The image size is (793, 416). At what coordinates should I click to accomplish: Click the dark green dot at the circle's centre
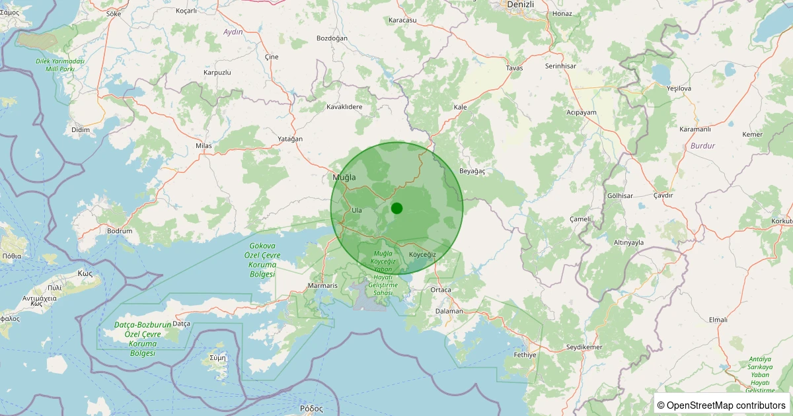pyautogui.click(x=397, y=208)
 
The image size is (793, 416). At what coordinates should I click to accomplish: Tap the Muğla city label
pyautogui.click(x=344, y=178)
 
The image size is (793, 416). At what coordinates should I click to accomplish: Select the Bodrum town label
pyautogui.click(x=120, y=231)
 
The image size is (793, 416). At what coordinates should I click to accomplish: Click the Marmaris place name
pyautogui.click(x=322, y=286)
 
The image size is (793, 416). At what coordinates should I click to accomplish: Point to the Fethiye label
pyautogui.click(x=525, y=355)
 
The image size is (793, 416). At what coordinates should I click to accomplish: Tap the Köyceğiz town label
pyautogui.click(x=422, y=255)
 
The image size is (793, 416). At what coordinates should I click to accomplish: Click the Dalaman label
pyautogui.click(x=449, y=310)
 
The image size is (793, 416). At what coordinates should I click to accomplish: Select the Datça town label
pyautogui.click(x=181, y=324)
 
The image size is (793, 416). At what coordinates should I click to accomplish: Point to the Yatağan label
pyautogui.click(x=291, y=139)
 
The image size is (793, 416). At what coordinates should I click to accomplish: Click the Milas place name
pyautogui.click(x=203, y=145)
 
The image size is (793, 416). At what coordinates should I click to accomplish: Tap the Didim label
pyautogui.click(x=81, y=129)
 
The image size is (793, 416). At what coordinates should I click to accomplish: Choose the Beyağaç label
pyautogui.click(x=472, y=171)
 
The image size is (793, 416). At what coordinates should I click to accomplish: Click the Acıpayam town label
pyautogui.click(x=582, y=112)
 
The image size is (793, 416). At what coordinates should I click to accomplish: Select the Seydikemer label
pyautogui.click(x=585, y=347)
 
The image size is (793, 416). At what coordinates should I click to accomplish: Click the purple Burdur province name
pyautogui.click(x=702, y=145)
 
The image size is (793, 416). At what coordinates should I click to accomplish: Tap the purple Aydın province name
pyautogui.click(x=233, y=32)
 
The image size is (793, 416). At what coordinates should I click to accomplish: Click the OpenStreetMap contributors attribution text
pyautogui.click(x=721, y=405)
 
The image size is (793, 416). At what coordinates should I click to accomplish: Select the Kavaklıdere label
pyautogui.click(x=345, y=106)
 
